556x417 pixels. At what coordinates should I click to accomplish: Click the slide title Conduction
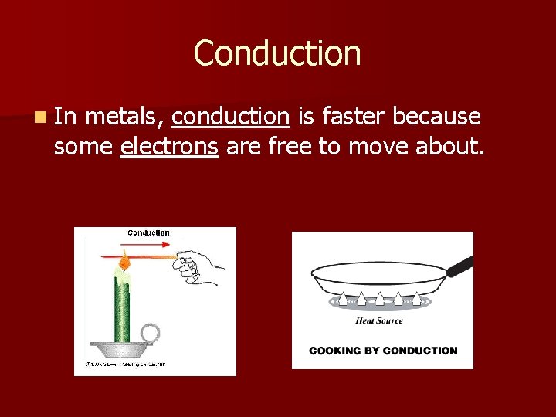pos(277,53)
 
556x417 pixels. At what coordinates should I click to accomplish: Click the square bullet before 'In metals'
pos(39,117)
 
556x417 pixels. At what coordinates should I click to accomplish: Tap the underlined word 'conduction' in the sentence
pos(230,117)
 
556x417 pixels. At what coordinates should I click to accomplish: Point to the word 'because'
pos(436,117)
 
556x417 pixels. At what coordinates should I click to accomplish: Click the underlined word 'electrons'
pos(169,147)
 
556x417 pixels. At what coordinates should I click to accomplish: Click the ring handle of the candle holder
pos(150,334)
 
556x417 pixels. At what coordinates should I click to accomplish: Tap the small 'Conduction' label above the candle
pos(148,233)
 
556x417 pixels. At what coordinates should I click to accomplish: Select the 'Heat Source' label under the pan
pos(379,320)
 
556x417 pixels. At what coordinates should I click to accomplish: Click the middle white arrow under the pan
pos(380,297)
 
